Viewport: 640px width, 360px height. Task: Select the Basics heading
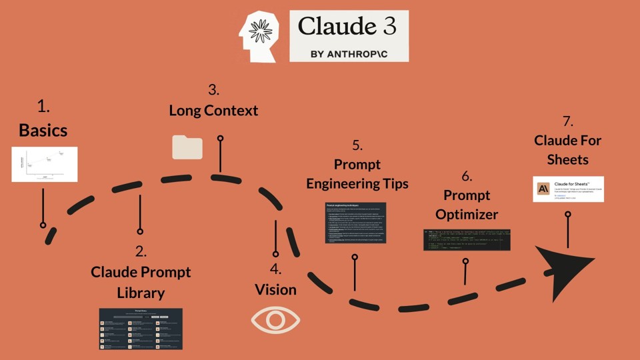click(43, 130)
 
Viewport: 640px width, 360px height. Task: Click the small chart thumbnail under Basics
click(45, 164)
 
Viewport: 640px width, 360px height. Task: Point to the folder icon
click(187, 147)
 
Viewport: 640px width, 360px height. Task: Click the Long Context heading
click(213, 110)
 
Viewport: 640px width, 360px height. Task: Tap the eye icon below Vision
click(275, 320)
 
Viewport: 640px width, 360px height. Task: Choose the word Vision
click(275, 289)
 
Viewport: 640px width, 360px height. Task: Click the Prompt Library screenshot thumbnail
click(141, 329)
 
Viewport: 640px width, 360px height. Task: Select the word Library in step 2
click(141, 293)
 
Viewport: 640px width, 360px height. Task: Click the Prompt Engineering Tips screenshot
click(356, 222)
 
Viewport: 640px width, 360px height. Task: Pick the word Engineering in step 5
click(357, 183)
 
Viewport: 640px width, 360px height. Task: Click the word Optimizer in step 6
click(467, 215)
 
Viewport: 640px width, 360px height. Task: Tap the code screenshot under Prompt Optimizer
click(467, 240)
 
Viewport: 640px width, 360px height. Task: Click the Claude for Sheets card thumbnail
click(568, 189)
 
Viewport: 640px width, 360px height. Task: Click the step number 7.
click(568, 121)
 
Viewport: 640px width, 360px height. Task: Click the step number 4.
click(275, 270)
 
